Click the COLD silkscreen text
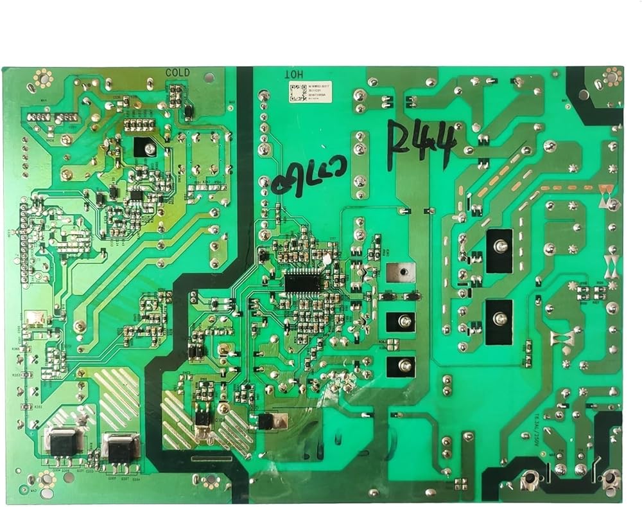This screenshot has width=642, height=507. (177, 73)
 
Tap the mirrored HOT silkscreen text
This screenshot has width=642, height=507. (293, 74)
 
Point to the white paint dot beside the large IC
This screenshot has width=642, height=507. (327, 260)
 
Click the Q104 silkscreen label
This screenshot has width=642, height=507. (220, 422)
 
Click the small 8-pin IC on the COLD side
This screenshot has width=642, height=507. (136, 194)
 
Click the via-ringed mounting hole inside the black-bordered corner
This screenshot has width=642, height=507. (608, 78)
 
